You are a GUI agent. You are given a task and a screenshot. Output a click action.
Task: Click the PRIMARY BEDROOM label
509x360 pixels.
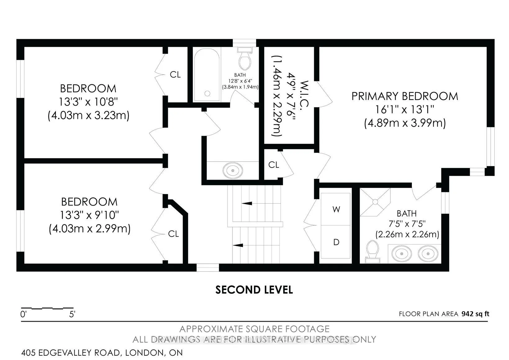405,96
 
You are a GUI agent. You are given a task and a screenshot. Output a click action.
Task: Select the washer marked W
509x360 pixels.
336,209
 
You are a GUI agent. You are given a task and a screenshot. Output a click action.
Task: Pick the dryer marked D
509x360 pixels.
336,242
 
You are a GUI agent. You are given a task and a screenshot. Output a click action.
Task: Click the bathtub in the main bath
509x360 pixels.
207,75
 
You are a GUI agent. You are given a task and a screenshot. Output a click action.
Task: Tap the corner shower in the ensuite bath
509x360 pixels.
375,202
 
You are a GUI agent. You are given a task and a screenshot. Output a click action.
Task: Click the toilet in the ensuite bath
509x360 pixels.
373,252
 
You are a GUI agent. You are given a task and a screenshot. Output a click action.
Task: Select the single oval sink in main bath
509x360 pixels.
233,170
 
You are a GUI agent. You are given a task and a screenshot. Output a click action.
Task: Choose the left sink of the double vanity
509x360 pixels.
402,253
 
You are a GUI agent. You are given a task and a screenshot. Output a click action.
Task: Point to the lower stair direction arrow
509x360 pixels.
238,245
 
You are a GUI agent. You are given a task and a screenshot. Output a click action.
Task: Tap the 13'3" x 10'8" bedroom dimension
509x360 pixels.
88,102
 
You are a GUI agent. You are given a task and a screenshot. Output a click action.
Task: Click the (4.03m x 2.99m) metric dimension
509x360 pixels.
89,228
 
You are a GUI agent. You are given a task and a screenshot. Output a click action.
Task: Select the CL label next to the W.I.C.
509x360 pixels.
274,165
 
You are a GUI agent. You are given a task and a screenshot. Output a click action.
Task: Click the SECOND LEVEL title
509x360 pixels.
254,290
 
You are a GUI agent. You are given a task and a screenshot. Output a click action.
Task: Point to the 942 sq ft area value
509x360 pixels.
475,314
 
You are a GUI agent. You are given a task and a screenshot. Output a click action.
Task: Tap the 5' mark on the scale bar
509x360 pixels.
72,314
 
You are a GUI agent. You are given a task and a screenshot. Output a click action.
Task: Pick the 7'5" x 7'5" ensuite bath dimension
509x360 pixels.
407,224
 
